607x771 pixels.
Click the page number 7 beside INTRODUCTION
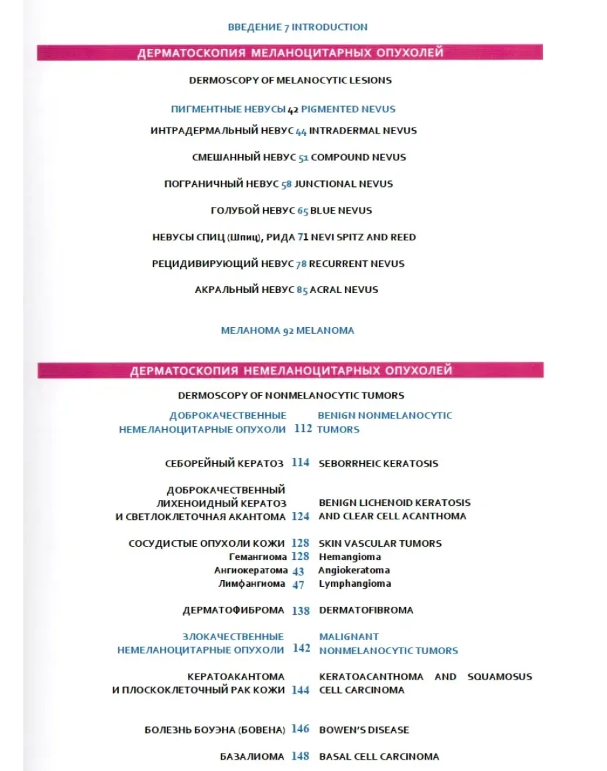pos(286,28)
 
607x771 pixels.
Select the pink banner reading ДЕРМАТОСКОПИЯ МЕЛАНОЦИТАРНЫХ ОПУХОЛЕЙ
pos(290,53)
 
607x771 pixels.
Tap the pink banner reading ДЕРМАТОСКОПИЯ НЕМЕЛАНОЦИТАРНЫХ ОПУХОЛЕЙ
pos(291,370)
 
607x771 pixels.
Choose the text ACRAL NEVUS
pos(344,290)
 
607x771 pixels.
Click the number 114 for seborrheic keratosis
pos(300,463)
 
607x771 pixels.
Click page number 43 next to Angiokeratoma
pos(298,571)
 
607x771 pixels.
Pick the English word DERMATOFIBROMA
pos(366,610)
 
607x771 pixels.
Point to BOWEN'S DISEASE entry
pos(364,730)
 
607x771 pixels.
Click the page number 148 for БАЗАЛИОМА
pos(300,756)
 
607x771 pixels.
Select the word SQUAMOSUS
pos(500,677)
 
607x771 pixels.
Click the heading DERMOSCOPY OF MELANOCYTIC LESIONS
pos(290,81)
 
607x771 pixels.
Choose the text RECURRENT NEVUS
pos(357,264)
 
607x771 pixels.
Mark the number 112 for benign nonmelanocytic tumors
pos(303,429)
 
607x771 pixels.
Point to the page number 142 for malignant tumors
pos(301,648)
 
